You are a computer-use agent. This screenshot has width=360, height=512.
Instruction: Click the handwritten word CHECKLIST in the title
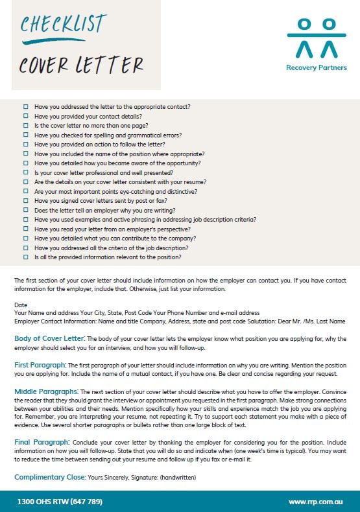[x=62, y=25]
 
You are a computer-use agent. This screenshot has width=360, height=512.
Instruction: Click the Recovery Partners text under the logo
[x=317, y=67]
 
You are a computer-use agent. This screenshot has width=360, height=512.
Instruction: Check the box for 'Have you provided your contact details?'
[x=26, y=116]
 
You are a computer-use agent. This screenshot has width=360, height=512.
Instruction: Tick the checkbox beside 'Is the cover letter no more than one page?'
[x=26, y=126]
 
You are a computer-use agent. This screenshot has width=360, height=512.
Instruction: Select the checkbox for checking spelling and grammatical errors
[x=26, y=135]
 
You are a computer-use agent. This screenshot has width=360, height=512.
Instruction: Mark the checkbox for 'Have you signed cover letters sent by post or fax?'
[x=26, y=201]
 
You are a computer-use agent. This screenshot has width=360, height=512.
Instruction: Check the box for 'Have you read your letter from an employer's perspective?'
[x=26, y=229]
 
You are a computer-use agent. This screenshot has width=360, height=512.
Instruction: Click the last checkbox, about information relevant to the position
[x=26, y=257]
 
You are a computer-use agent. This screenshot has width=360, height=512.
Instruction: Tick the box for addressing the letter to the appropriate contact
[x=26, y=107]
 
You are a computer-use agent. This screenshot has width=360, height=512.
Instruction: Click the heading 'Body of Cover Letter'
[x=49, y=338]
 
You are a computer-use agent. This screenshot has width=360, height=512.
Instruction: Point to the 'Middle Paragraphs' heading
[x=46, y=391]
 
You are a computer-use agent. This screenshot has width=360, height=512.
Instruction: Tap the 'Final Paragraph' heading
[x=40, y=443]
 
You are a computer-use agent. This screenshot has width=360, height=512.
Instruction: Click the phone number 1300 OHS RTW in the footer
[x=60, y=501]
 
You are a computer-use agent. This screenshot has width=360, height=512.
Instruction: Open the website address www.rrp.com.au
[x=315, y=501]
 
